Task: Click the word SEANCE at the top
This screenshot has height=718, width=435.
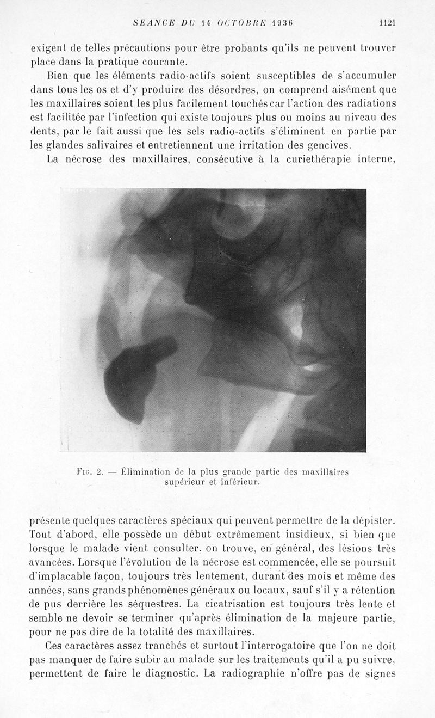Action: [152, 23]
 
